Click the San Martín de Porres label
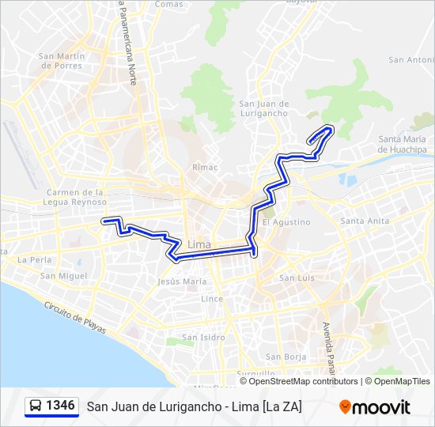pos(62,60)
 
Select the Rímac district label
pos(204,168)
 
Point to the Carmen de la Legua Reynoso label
pos(75,197)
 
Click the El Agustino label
pos(286,222)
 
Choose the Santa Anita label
pos(364,221)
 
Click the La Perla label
pos(34,259)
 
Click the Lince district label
pos(212,299)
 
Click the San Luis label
pos(297,278)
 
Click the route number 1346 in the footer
pos(61,406)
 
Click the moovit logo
pos(375,407)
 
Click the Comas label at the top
pos(168,4)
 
